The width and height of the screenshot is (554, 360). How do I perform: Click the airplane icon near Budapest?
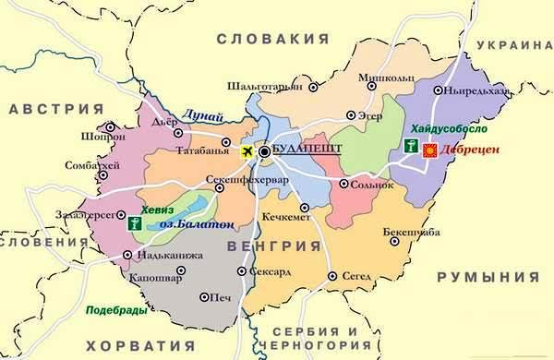point(247,151)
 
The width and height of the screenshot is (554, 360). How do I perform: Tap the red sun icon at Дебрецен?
point(428,149)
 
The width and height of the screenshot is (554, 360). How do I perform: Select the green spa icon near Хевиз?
point(136,222)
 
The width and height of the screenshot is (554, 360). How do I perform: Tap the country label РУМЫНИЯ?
point(488,277)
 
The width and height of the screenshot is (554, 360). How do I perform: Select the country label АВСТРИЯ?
point(54,109)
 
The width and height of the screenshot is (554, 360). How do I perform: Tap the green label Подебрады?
point(116,310)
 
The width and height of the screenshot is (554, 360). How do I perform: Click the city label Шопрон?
point(103,137)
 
